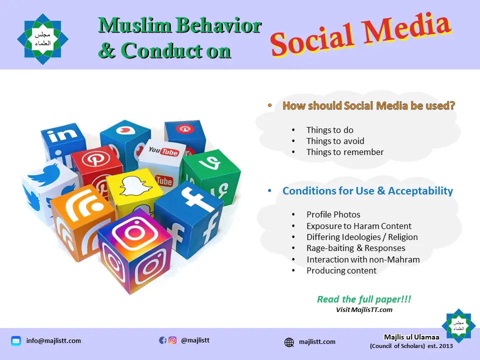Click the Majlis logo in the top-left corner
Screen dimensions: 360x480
42,38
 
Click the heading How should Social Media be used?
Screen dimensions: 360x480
369,105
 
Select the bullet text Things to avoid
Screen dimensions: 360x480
335,141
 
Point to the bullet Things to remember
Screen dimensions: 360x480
345,152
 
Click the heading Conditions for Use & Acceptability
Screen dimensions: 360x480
367,191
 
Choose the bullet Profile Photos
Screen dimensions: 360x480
333,214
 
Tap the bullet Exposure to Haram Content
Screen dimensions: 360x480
359,226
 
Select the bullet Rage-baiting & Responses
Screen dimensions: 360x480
355,248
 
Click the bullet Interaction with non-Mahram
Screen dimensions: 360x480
363,259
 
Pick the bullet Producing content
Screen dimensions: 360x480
341,270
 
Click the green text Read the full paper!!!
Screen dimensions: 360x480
364,299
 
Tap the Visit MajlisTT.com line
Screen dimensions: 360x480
364,310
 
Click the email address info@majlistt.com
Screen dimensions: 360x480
53,341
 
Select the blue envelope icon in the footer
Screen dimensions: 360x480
16,341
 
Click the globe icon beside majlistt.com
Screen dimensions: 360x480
289,342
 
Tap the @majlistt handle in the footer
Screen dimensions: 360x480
195,340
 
